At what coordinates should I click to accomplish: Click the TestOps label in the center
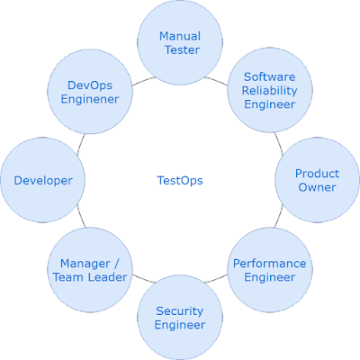tap(180, 180)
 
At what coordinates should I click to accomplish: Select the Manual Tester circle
tap(180, 42)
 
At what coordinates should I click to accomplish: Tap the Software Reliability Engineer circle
tap(270, 90)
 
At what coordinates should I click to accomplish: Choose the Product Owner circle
tap(318, 180)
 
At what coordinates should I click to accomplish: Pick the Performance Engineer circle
tap(270, 270)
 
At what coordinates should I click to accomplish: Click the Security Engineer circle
tap(180, 318)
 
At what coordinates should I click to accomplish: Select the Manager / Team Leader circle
tap(90, 270)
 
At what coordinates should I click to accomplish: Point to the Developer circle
tap(42, 180)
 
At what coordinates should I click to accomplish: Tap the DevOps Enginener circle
tap(90, 92)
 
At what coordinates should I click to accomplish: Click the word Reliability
tap(270, 91)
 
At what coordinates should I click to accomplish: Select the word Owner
tap(317, 187)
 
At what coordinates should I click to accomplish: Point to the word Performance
tap(270, 264)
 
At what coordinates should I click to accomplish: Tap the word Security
tap(180, 311)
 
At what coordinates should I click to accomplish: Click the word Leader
tap(108, 277)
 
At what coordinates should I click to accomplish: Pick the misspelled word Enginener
tap(90, 100)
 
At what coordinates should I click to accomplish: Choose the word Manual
tap(180, 36)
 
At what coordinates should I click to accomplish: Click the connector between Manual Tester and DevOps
tap(143, 81)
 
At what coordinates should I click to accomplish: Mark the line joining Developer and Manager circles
tap(81, 216)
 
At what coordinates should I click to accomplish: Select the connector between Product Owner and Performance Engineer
tap(279, 216)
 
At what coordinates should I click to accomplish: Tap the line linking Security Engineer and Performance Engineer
tap(216, 279)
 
